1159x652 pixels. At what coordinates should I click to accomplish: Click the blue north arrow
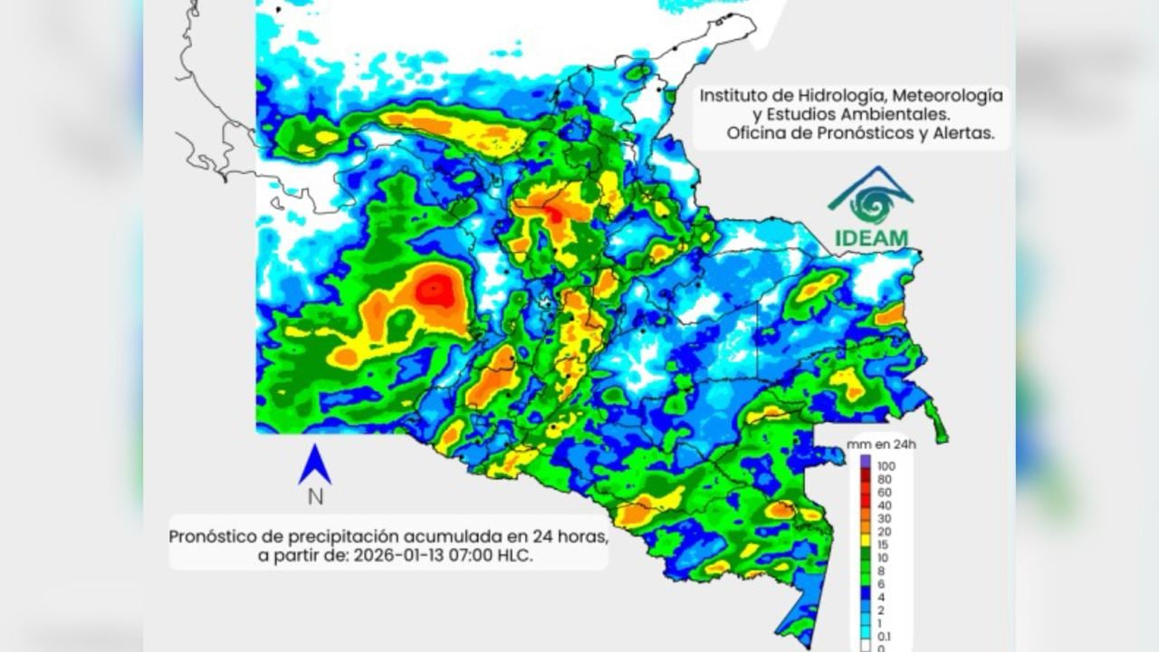[314, 465]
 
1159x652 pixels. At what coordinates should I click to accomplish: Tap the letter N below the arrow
[315, 496]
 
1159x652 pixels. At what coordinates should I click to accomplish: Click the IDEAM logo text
[870, 238]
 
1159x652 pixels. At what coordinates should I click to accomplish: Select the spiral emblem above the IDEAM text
[871, 201]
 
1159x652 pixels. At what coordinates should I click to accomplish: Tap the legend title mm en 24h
[881, 445]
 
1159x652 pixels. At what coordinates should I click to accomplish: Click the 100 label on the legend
[886, 465]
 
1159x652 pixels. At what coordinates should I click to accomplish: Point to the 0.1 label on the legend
[883, 637]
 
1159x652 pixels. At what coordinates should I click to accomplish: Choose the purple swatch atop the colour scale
[865, 462]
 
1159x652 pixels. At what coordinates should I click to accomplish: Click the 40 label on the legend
[883, 505]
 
